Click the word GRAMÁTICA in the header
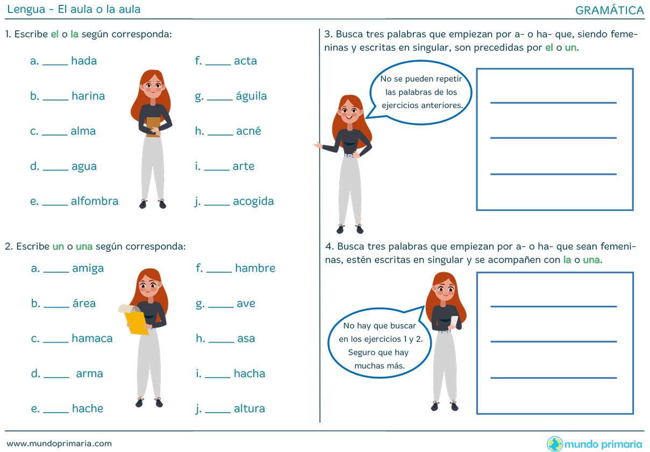(609, 10)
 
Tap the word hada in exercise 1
(84, 61)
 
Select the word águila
(251, 96)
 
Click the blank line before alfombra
(55, 204)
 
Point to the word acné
(248, 131)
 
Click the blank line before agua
(55, 169)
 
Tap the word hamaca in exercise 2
(92, 338)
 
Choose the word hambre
(255, 268)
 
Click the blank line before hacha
(218, 377)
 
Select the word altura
(249, 409)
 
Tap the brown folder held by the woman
(153, 127)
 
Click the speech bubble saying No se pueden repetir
(421, 93)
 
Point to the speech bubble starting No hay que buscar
(380, 343)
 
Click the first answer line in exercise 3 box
(553, 103)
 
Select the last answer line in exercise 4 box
(554, 378)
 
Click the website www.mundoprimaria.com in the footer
(59, 443)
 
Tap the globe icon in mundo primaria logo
(554, 444)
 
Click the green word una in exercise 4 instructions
(591, 260)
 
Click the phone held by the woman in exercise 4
(454, 322)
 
